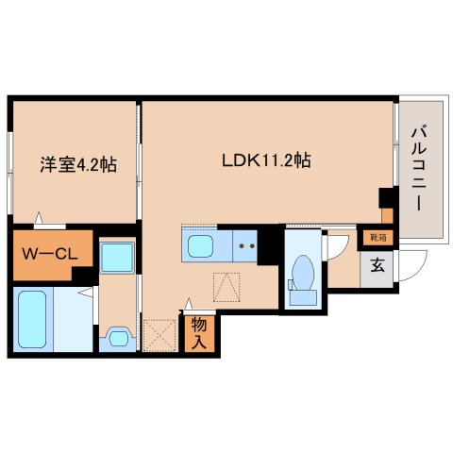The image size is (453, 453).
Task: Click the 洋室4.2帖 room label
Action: point(77,164)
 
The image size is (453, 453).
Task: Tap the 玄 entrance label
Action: point(377,264)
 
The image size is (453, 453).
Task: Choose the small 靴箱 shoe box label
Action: point(377,238)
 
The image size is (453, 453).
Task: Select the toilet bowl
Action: point(305,274)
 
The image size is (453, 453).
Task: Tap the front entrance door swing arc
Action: point(408,264)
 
